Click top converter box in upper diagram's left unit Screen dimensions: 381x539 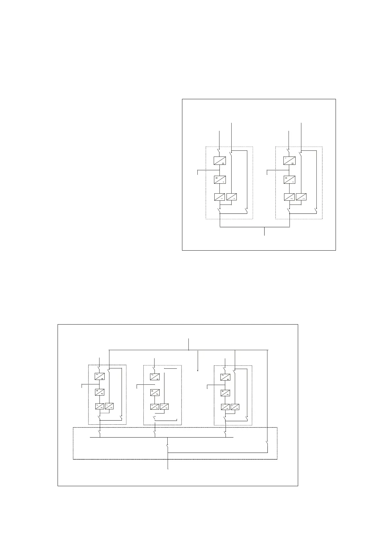tap(220, 160)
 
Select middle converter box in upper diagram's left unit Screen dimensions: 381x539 tap(220, 180)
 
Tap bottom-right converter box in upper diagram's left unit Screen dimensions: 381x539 tap(232, 197)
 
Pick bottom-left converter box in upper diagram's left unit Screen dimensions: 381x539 tap(219, 197)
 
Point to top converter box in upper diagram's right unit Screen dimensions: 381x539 tap(290, 160)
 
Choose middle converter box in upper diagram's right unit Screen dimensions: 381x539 tap(290, 180)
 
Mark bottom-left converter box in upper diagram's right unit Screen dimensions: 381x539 tap(289, 197)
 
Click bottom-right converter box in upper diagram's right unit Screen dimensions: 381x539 tap(301, 197)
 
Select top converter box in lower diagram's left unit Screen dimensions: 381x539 tap(99, 376)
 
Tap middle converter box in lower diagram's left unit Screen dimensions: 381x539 tap(100, 392)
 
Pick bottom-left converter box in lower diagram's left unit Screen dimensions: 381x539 tap(99, 406)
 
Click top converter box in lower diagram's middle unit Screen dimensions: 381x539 tap(155, 377)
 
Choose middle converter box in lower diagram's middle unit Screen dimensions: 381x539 tap(155, 392)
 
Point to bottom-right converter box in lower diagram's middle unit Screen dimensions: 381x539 tap(164, 406)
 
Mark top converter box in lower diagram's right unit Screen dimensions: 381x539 tap(225, 377)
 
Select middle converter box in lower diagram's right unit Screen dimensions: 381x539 tap(225, 392)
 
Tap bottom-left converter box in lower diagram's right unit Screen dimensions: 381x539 tap(225, 407)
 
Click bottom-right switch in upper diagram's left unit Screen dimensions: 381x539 tap(247, 210)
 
